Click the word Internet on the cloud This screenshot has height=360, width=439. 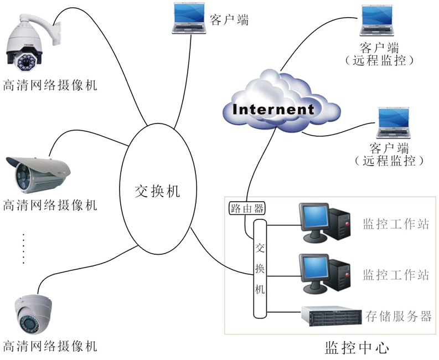(x=273, y=109)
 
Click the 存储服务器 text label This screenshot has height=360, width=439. (x=398, y=316)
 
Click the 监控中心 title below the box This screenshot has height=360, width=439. (x=357, y=348)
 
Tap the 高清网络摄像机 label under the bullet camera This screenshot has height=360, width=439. (x=50, y=205)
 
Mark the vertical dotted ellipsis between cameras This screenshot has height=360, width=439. (x=24, y=249)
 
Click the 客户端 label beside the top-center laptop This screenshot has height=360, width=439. (x=229, y=20)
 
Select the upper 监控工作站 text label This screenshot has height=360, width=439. (x=396, y=224)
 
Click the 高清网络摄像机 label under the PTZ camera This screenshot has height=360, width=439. (x=50, y=85)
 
